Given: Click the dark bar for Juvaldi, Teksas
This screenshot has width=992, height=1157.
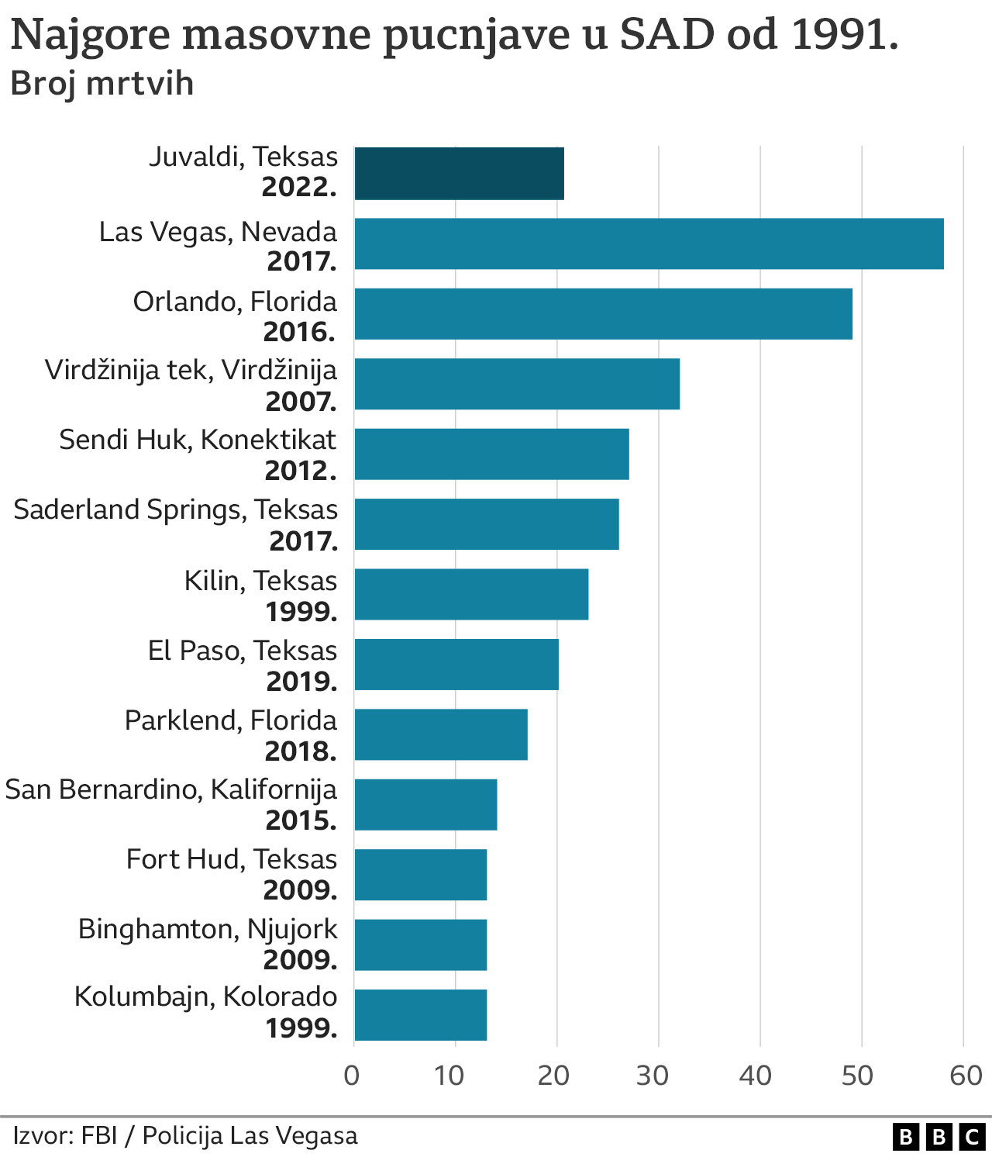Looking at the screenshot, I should [x=459, y=173].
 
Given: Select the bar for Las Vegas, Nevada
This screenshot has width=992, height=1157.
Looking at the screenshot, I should [x=649, y=243].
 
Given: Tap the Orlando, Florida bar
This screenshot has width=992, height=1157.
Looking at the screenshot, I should [x=603, y=313].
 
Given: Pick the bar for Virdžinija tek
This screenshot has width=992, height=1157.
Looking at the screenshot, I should [x=517, y=383].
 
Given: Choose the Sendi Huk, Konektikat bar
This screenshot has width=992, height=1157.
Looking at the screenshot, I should [x=491, y=454].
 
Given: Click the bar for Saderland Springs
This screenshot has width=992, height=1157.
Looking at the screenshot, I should [x=487, y=523].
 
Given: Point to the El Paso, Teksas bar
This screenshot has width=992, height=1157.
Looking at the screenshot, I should [x=456, y=664].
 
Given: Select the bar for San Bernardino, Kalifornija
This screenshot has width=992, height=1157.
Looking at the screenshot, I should [x=425, y=804].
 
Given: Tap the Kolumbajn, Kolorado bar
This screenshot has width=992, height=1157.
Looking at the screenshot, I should [x=421, y=1014].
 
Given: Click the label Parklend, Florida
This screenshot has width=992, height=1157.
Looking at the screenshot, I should [x=231, y=720].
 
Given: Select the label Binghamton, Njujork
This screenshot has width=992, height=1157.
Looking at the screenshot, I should [x=208, y=929].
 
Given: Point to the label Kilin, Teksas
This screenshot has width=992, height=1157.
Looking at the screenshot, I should [x=260, y=581].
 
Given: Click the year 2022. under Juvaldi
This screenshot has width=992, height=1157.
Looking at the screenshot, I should [x=299, y=188].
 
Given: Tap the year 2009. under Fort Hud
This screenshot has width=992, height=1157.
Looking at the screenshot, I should [x=300, y=890].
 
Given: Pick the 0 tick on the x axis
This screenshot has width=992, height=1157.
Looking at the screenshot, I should [x=353, y=1076].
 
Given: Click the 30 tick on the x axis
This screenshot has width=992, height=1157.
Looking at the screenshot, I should [x=653, y=1076].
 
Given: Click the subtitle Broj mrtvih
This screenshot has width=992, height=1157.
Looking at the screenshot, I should [x=102, y=84].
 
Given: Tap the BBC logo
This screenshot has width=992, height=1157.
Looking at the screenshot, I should [x=939, y=1137].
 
